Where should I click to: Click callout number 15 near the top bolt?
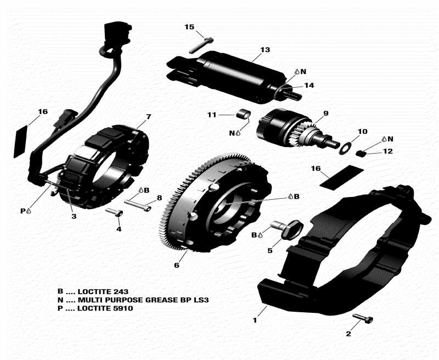coord(189,27)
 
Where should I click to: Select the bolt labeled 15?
coord(201,44)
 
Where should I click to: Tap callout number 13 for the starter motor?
coord(265,50)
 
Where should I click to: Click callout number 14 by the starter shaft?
coord(309,85)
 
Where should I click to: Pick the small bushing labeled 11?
coord(243,115)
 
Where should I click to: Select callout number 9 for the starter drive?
coord(325,114)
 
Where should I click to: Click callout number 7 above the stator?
coord(148,117)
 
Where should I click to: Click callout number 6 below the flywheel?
coord(176,266)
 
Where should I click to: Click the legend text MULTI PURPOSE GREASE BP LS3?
coord(143,300)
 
